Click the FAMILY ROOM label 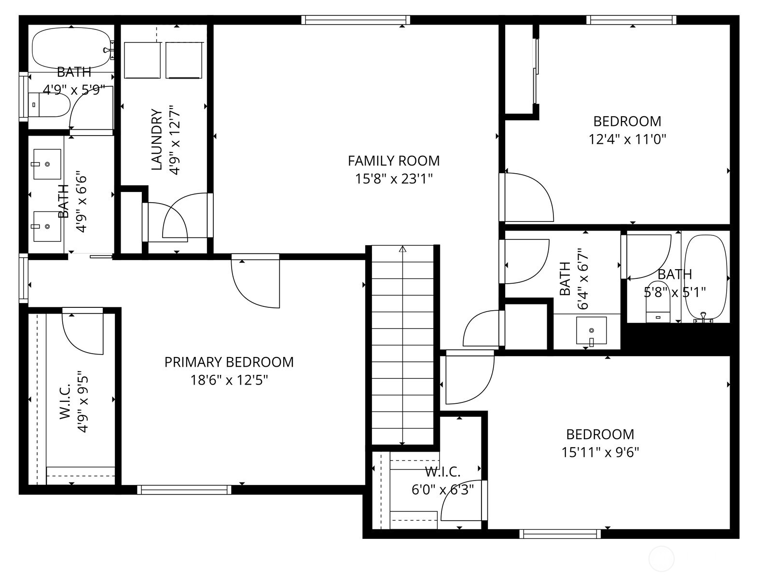[x=393, y=161]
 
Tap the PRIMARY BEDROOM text [x=229, y=362]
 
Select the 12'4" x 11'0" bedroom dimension [x=627, y=139]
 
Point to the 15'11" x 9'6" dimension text [x=600, y=453]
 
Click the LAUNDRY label [x=157, y=139]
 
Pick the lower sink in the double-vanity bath [x=47, y=226]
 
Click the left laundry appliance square [x=142, y=60]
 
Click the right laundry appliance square [x=184, y=60]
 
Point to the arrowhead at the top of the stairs [x=402, y=249]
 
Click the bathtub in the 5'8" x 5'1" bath [x=706, y=277]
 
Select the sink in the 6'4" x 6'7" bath [x=591, y=330]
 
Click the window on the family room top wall [x=356, y=20]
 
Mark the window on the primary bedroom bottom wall [x=184, y=490]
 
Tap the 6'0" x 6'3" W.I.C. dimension [x=442, y=490]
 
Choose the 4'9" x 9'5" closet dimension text [x=83, y=401]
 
